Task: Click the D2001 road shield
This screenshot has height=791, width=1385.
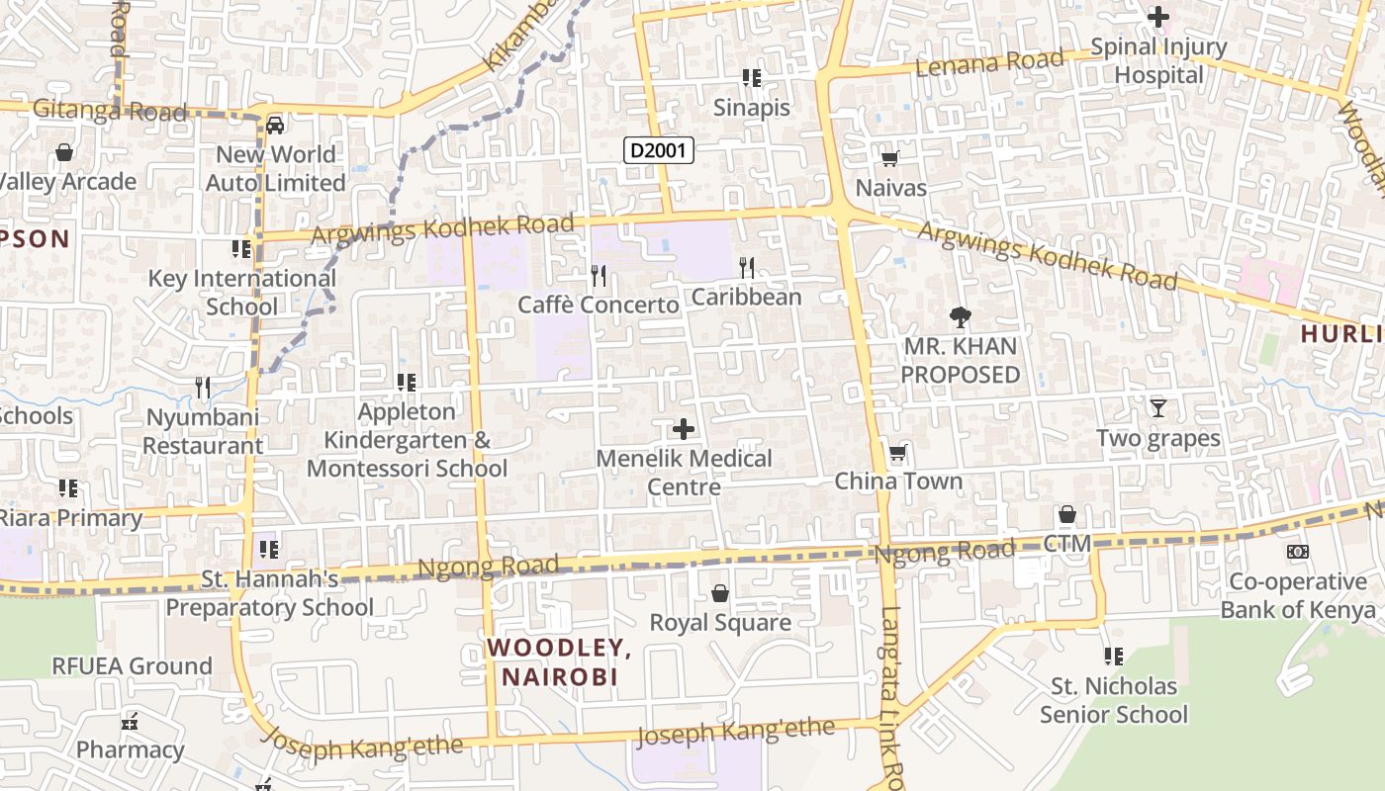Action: pyautogui.click(x=659, y=151)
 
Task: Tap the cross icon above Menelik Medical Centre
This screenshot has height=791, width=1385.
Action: pyautogui.click(x=683, y=429)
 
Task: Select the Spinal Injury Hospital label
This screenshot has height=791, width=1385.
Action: pyautogui.click(x=1158, y=60)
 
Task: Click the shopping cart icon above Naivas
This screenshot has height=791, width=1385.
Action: pyautogui.click(x=889, y=158)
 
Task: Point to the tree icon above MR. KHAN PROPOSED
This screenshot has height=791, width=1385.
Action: pyautogui.click(x=959, y=317)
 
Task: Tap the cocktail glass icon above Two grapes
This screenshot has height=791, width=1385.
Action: pyautogui.click(x=1157, y=407)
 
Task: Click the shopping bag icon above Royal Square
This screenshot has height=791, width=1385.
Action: pyautogui.click(x=720, y=593)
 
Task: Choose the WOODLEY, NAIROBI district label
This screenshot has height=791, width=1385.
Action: pyautogui.click(x=560, y=662)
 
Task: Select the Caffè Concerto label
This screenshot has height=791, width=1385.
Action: pyautogui.click(x=599, y=305)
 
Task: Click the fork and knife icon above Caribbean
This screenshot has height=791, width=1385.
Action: pyautogui.click(x=747, y=267)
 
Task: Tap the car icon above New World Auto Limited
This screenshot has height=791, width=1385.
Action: pyautogui.click(x=275, y=125)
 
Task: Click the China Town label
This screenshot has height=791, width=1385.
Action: pyautogui.click(x=898, y=482)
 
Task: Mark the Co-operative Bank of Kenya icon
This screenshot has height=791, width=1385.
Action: pyautogui.click(x=1297, y=552)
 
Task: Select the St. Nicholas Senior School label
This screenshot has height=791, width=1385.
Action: pyautogui.click(x=1114, y=700)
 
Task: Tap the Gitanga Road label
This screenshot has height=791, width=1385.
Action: pyautogui.click(x=109, y=111)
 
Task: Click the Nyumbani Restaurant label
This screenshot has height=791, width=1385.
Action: pyautogui.click(x=203, y=431)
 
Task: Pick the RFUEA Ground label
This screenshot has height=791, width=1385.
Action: pyautogui.click(x=132, y=666)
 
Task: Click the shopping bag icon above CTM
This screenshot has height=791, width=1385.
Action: pyautogui.click(x=1066, y=514)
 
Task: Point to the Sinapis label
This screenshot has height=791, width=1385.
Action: pyautogui.click(x=752, y=108)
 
